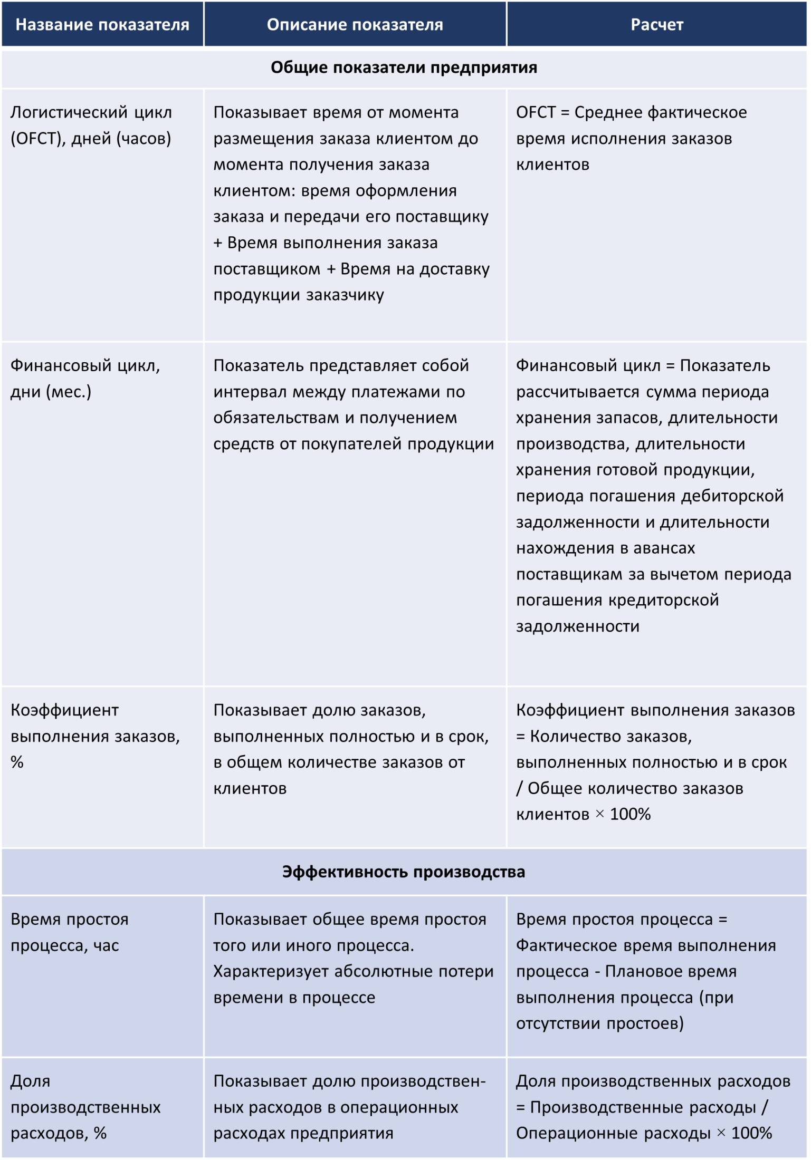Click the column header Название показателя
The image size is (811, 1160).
(x=102, y=25)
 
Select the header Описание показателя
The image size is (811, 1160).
(x=355, y=25)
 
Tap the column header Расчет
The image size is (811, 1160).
(x=656, y=25)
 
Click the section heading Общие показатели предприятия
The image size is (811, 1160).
(x=404, y=68)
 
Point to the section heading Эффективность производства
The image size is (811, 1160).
(x=404, y=872)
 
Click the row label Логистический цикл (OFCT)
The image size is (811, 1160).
(x=91, y=125)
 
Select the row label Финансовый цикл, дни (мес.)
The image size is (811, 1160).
(x=85, y=379)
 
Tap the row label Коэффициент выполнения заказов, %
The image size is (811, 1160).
(x=95, y=736)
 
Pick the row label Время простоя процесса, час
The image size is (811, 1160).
(x=69, y=932)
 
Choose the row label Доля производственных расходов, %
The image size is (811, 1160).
(x=85, y=1107)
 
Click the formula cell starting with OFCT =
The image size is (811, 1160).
(x=631, y=138)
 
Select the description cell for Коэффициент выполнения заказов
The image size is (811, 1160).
(x=351, y=749)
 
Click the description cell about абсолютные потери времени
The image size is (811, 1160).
(x=353, y=958)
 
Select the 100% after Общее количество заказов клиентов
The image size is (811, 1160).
(x=630, y=814)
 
